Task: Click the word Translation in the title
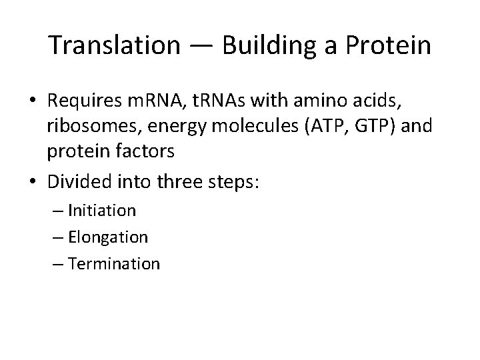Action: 114,45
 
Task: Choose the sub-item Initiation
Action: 101,211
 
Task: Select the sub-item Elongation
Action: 107,237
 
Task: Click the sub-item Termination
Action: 113,263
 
